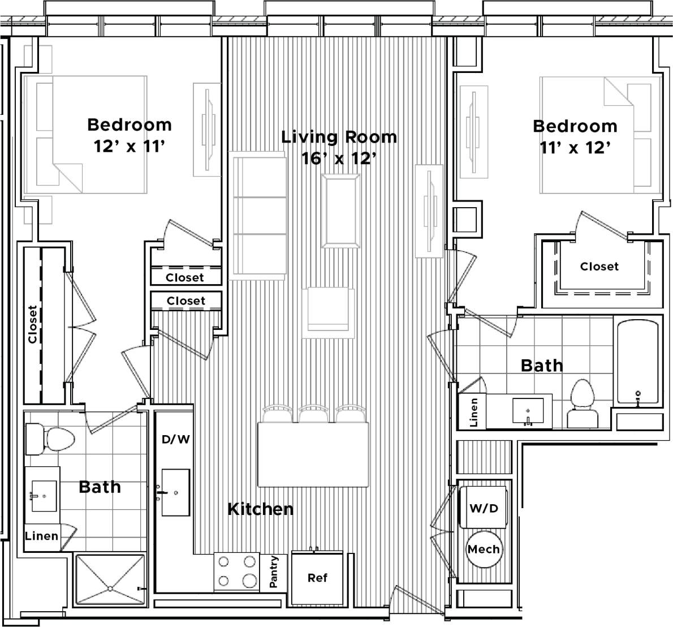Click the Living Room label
click(339, 137)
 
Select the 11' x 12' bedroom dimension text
click(575, 148)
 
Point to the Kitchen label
click(260, 509)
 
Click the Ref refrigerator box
click(317, 578)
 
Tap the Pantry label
click(274, 572)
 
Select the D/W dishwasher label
click(175, 439)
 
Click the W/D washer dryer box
click(484, 508)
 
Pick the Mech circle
click(484, 549)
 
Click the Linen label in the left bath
click(42, 535)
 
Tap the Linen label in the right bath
click(473, 411)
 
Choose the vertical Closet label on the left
click(33, 324)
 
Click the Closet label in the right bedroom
click(599, 266)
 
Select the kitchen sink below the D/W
click(175, 492)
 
